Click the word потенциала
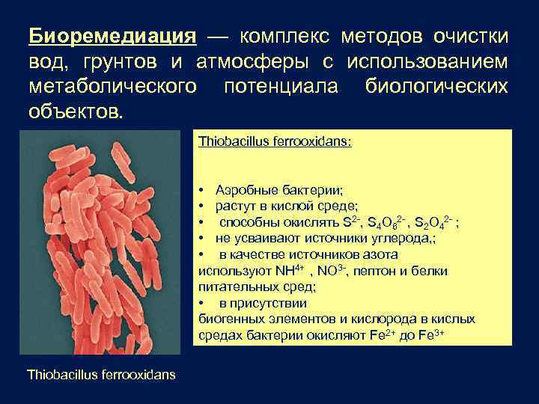click(281, 88)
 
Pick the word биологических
click(437, 88)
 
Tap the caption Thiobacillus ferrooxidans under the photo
click(101, 373)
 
